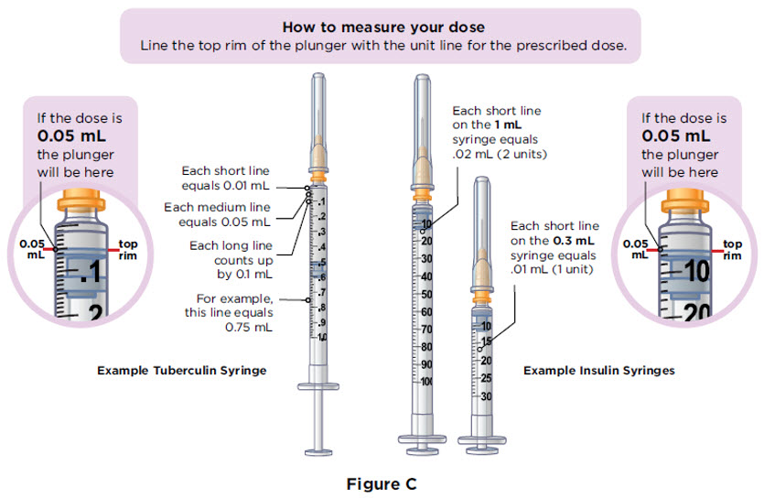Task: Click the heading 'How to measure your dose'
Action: point(382,27)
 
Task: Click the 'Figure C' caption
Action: point(382,482)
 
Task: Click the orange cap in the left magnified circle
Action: point(84,203)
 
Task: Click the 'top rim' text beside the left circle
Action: point(129,250)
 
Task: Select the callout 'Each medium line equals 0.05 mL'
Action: point(218,213)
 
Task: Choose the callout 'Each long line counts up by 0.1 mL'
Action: point(229,258)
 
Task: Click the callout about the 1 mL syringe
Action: point(500,132)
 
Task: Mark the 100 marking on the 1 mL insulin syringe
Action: point(426,381)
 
